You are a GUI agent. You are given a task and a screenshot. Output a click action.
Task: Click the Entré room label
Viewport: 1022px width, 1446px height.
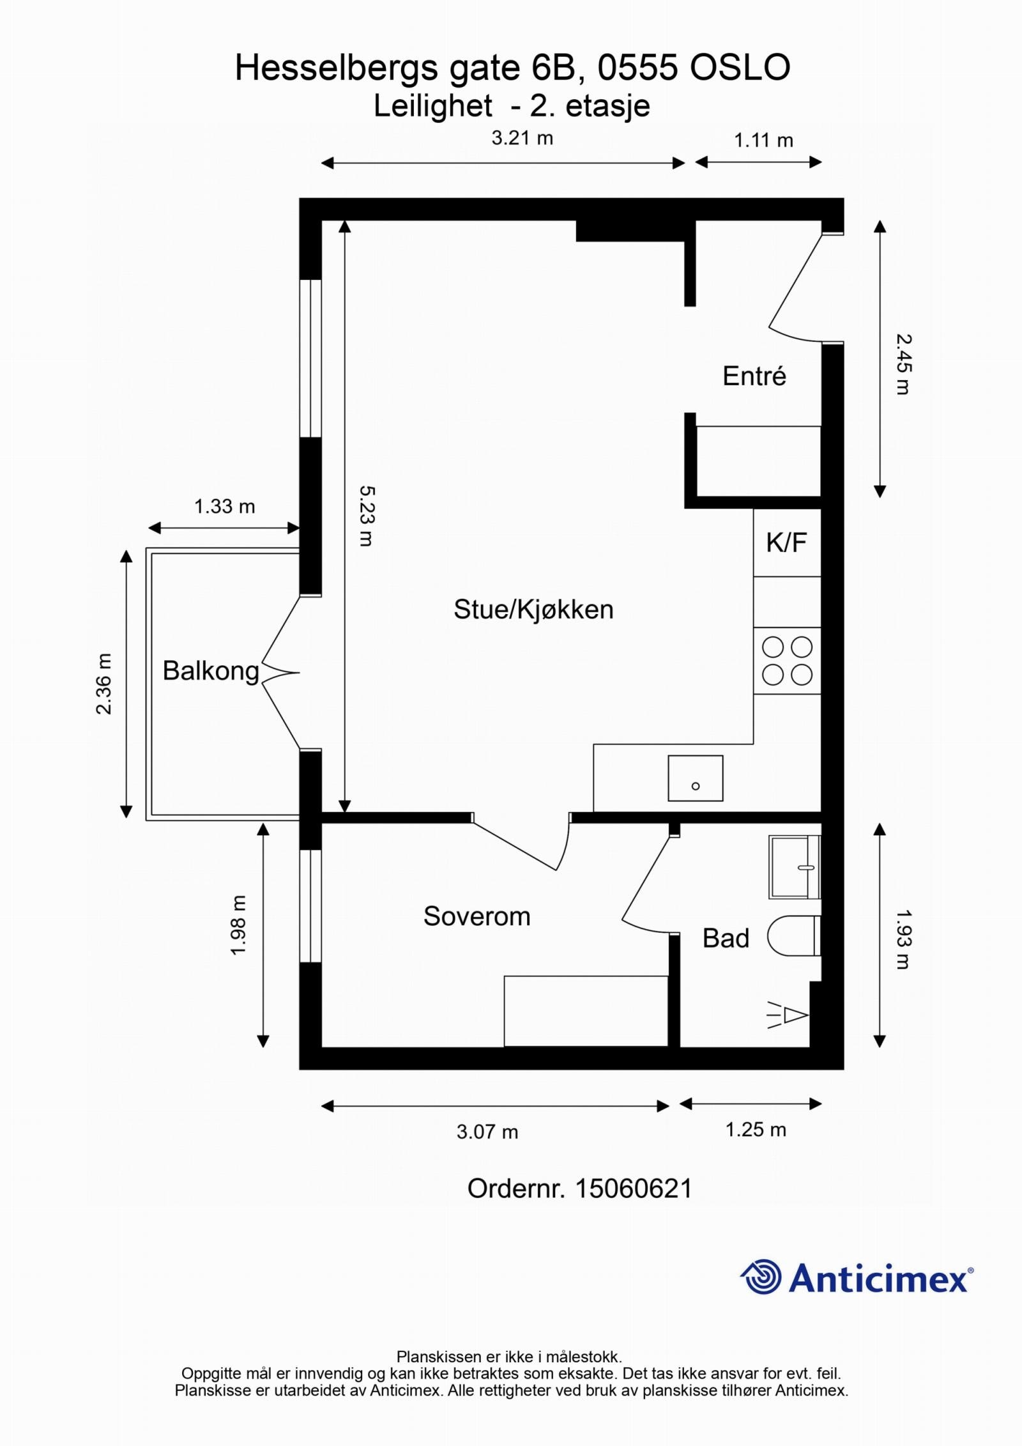754,376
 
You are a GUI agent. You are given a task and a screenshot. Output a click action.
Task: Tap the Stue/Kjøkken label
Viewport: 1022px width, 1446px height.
533,610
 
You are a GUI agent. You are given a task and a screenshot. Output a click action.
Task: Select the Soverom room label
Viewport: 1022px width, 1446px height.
477,916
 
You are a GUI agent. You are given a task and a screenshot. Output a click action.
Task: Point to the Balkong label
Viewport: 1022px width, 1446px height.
211,671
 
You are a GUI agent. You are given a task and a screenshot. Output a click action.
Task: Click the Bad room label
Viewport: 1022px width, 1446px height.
726,938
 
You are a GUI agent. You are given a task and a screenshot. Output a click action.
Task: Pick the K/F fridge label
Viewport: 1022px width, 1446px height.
786,542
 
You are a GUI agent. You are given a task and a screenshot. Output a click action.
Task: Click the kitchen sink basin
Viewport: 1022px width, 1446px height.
696,778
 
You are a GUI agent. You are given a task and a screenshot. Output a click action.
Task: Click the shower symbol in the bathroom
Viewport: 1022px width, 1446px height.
788,1015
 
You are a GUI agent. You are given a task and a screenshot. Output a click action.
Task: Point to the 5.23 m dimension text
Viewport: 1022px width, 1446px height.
367,516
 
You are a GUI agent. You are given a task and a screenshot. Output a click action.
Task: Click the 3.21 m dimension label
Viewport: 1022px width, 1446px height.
522,138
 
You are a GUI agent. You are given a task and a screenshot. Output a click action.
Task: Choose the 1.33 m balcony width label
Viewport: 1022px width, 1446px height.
224,507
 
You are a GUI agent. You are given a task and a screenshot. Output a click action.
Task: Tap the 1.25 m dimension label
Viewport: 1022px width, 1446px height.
756,1130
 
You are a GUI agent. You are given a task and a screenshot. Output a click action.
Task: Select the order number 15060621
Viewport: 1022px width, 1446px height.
634,1189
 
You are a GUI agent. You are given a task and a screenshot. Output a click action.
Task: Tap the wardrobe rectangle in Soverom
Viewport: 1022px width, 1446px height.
586,1011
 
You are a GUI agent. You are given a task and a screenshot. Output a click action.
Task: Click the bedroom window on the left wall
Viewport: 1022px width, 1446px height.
310,906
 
